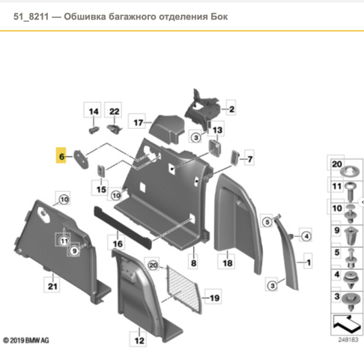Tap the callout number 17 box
(x=137, y=121)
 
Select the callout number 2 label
(x=231, y=108)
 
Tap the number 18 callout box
(x=226, y=262)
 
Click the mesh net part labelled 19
(x=183, y=289)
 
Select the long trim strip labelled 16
(x=123, y=227)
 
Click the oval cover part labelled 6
(x=81, y=159)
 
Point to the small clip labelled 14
(x=94, y=130)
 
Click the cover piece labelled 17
(x=167, y=129)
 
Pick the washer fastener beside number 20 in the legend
(x=350, y=171)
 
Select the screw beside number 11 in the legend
(x=351, y=192)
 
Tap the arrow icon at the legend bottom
(x=347, y=324)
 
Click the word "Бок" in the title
(x=219, y=16)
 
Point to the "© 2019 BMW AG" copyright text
(x=25, y=340)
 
